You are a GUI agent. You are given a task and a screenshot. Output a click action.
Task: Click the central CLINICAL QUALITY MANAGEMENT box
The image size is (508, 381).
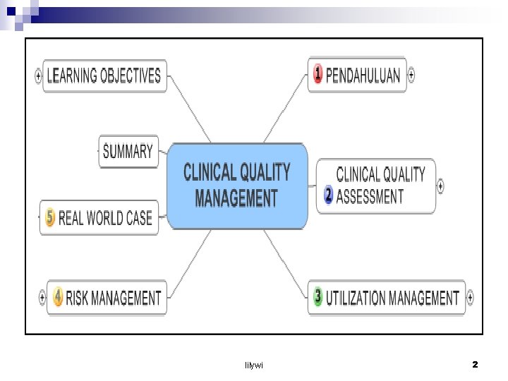click(x=237, y=186)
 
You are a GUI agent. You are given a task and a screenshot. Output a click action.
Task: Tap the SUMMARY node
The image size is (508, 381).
click(x=128, y=151)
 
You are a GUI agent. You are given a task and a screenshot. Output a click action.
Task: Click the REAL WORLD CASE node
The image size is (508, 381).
click(x=100, y=218)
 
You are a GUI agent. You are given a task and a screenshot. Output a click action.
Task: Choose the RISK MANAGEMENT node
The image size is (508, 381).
click(x=107, y=298)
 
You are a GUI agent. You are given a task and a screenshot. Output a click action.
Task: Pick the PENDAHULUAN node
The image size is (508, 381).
click(x=358, y=75)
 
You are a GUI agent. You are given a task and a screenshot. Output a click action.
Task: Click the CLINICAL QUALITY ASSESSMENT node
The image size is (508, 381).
click(x=376, y=186)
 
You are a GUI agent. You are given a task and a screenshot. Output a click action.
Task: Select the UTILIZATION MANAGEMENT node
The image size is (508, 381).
click(x=387, y=298)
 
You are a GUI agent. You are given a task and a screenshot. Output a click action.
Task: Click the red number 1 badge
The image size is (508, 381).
click(x=318, y=73)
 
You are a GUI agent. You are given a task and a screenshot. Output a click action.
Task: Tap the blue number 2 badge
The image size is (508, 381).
click(x=328, y=195)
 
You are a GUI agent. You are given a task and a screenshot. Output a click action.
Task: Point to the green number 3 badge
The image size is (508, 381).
click(x=317, y=297)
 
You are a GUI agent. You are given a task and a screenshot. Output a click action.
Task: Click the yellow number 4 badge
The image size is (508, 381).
click(x=58, y=297)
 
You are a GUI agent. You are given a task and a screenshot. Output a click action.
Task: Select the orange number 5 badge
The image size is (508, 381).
click(x=49, y=217)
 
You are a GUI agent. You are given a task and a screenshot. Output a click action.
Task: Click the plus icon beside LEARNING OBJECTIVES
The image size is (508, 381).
click(x=38, y=75)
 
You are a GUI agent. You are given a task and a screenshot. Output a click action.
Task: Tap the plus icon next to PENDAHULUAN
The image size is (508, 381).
click(x=412, y=74)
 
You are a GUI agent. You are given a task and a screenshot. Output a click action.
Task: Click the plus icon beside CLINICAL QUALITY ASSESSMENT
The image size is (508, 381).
click(x=441, y=186)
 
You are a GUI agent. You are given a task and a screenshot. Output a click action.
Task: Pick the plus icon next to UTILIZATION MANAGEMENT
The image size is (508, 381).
click(x=471, y=298)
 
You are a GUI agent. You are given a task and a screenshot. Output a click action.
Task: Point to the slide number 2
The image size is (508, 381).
click(x=475, y=365)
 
